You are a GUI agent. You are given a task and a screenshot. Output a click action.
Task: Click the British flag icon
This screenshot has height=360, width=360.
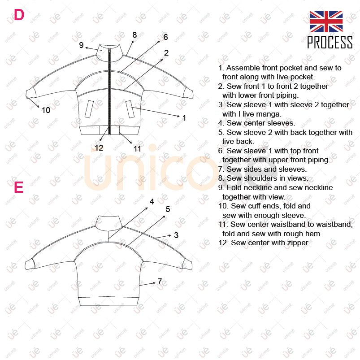coord(326,22)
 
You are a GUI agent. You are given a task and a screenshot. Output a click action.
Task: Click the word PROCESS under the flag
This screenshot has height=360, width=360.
coord(330,42)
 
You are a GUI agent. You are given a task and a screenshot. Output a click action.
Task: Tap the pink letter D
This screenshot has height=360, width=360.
coord(19,15)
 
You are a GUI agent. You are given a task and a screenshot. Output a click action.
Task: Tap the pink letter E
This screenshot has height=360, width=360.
coord(19,187)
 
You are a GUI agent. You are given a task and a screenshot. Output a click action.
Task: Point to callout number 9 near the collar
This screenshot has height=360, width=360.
coord(81,45)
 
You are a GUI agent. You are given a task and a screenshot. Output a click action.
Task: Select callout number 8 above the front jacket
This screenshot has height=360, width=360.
coord(134,35)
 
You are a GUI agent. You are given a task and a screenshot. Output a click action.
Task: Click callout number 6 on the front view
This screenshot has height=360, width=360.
coord(165,37)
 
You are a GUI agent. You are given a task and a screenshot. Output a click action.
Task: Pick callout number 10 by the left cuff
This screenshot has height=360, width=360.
coord(46,110)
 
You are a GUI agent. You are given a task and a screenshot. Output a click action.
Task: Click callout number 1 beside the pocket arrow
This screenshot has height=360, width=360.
coord(184,118)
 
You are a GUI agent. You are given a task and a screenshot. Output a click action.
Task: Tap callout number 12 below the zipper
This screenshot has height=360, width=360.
coord(99,147)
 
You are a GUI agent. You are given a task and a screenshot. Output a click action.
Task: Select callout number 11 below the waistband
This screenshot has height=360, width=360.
coord(137,149)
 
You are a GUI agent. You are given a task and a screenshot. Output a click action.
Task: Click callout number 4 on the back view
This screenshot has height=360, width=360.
coord(152,202)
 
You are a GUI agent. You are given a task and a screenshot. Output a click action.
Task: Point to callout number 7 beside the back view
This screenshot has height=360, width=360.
coord(160,281)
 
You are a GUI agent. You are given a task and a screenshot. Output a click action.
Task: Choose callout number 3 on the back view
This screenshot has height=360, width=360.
coord(176,235)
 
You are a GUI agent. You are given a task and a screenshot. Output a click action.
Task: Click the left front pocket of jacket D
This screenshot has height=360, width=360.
coord(89,109)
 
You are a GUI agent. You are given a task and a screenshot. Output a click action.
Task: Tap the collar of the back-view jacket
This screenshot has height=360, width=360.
coord(108,223)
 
